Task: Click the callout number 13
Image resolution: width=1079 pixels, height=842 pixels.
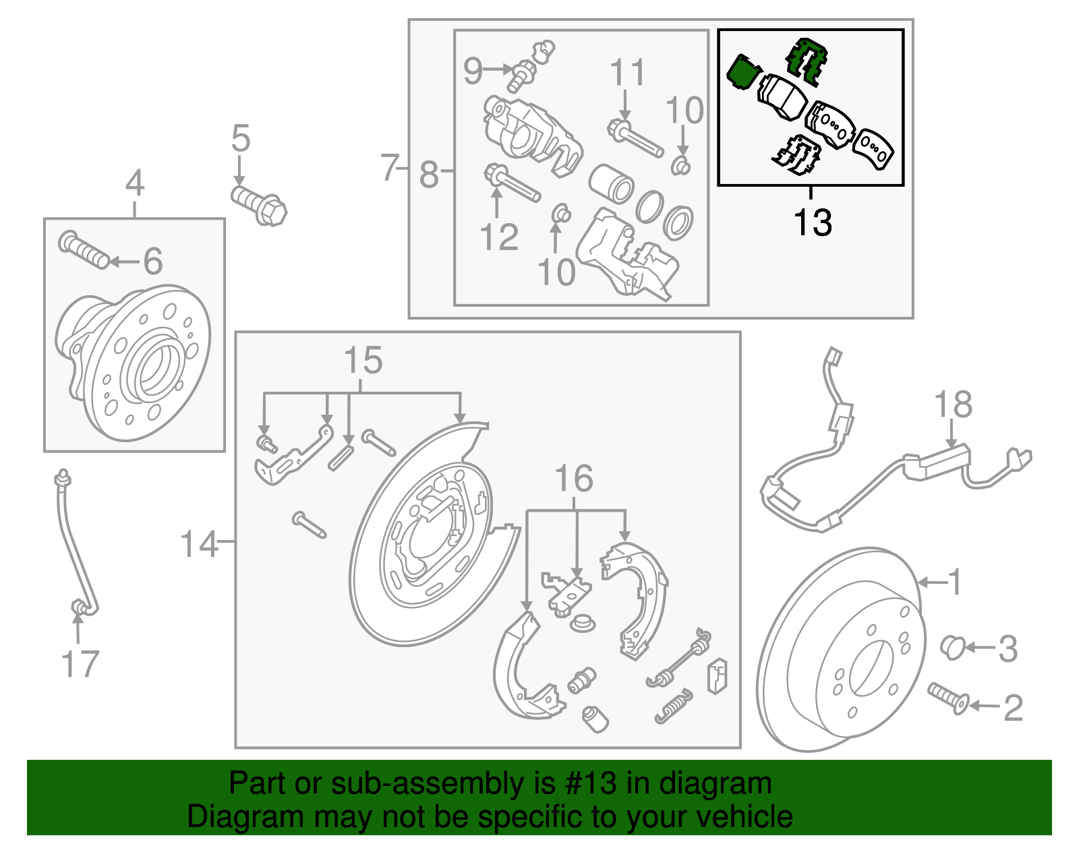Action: (x=813, y=223)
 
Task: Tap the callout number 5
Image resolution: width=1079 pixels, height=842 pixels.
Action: (x=241, y=139)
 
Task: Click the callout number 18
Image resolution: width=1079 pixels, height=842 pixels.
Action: (x=953, y=405)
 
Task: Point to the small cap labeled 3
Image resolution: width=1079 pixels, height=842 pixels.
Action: (x=952, y=646)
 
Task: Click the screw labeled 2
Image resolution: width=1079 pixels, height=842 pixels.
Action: (x=948, y=698)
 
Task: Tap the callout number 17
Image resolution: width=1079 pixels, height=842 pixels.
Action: (x=80, y=665)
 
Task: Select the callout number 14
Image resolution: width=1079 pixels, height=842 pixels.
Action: (x=199, y=544)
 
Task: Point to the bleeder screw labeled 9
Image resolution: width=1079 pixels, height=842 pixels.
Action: (x=521, y=74)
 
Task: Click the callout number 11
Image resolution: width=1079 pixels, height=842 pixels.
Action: (x=627, y=73)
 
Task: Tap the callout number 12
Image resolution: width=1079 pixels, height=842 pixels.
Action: (x=498, y=237)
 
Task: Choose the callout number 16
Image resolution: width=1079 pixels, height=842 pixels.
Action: (x=574, y=479)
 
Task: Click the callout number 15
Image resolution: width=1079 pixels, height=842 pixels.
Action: (x=363, y=361)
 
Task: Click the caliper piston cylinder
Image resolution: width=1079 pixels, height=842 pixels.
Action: (x=611, y=183)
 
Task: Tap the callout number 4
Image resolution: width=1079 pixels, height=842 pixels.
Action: (x=135, y=183)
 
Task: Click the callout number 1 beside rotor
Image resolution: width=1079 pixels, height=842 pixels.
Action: (x=954, y=581)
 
